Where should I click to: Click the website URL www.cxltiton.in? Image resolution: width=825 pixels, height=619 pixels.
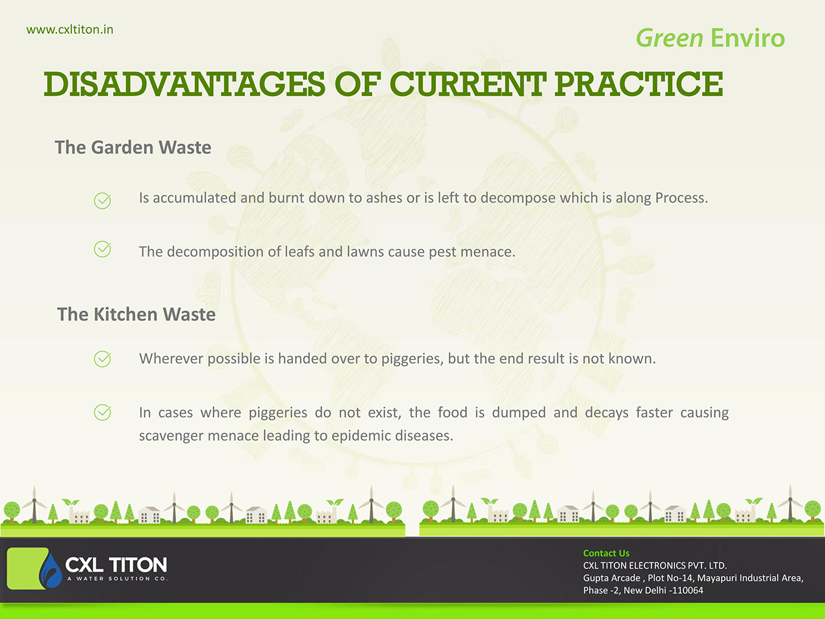tap(70, 30)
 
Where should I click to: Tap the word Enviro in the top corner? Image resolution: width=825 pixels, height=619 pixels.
tap(748, 38)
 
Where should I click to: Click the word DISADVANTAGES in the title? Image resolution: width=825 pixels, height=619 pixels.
tap(184, 84)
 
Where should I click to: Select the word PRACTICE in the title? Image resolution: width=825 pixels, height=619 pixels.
tap(639, 84)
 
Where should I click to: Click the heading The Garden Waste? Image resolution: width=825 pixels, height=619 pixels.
tap(133, 147)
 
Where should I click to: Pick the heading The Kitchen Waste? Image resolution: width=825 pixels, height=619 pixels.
tap(136, 314)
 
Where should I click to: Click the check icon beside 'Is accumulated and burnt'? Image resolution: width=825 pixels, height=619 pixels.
tap(102, 200)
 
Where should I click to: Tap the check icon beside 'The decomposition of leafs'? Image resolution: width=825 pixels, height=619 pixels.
tap(102, 249)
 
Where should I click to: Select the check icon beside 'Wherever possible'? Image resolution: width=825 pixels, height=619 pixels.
tap(102, 359)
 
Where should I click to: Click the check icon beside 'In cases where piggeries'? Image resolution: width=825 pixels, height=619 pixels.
tap(102, 412)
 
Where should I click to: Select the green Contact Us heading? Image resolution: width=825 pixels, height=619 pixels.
tap(606, 553)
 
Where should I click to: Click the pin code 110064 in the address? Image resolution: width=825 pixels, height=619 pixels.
tap(687, 590)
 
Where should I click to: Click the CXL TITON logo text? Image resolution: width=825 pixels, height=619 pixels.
tap(116, 564)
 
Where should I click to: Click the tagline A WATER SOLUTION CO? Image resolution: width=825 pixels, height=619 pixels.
tap(118, 579)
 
